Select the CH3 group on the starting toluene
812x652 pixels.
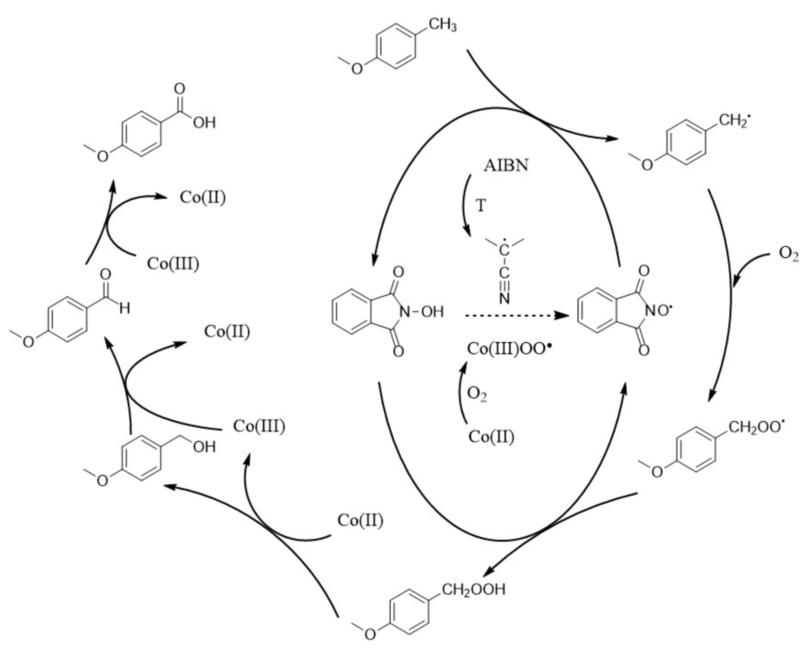443,25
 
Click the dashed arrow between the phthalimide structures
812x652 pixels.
516,315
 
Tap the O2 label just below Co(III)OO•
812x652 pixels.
477,394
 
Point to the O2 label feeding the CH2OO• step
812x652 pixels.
788,254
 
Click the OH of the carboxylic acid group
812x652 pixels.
204,123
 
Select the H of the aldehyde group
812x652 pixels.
125,308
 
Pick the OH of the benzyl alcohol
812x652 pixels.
204,447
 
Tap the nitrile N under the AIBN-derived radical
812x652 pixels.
504,298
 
